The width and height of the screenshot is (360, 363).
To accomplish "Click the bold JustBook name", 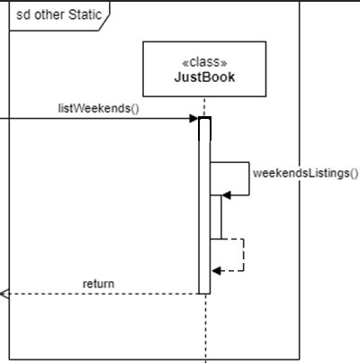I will [204, 77].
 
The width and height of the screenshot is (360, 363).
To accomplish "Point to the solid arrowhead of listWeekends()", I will [193, 119].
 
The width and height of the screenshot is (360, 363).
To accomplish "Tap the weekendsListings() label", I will [305, 173].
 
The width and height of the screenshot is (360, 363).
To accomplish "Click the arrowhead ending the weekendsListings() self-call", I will [227, 194].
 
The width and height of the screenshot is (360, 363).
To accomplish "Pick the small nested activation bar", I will [216, 217].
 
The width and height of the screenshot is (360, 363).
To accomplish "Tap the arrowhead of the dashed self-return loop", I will [216, 270].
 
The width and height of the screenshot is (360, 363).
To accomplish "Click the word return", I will [98, 284].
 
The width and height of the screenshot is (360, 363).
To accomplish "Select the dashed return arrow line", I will [99, 293].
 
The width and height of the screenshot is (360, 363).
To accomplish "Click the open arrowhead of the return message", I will [4, 293].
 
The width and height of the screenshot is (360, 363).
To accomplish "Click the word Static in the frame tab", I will [82, 14].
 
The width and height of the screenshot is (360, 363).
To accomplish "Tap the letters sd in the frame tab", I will [22, 14].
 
